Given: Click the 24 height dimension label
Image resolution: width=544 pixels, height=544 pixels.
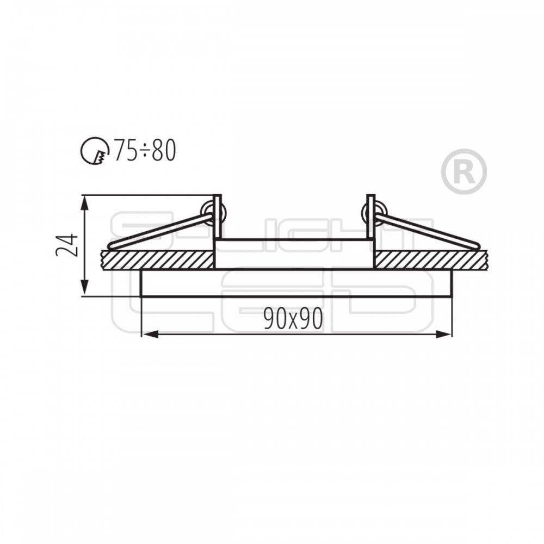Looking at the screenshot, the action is point(66,245).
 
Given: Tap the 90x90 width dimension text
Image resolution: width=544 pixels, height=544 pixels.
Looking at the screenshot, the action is point(293,318).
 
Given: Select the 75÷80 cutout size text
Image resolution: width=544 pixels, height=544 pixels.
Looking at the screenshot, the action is point(145,150).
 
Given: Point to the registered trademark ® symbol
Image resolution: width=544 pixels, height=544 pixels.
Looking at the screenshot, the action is point(464,171).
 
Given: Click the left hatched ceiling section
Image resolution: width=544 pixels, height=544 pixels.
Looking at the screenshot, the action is point(158,259).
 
